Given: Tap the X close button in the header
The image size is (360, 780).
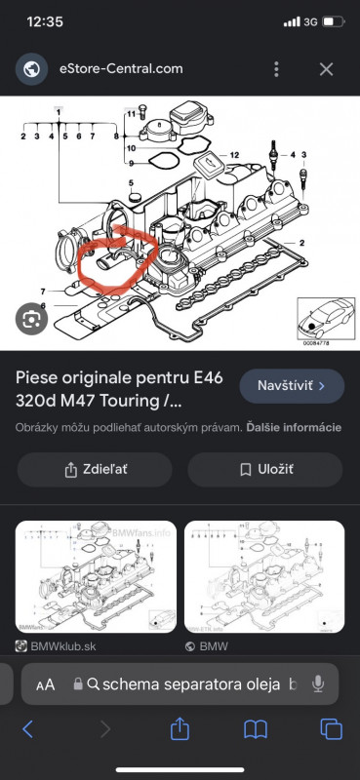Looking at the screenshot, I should point(326,69).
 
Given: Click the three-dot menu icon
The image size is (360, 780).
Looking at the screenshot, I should point(278,69).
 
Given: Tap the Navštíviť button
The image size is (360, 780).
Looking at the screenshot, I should point(291,386).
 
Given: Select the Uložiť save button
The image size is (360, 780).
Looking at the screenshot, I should point(265,469).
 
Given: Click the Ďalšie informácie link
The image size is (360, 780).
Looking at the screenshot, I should point(293,427).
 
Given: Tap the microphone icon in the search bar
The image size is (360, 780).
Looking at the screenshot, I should point(317,684).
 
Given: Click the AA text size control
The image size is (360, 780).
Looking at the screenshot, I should point(46,685).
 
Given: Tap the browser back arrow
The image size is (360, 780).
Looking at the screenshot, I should point(28,728).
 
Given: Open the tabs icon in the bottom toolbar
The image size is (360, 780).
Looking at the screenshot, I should point(331,728).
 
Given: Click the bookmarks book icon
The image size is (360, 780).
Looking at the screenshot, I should point(256,728).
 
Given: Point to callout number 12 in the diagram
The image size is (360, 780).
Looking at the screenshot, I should point(234,156).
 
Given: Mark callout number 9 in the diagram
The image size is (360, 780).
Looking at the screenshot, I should point(129,183).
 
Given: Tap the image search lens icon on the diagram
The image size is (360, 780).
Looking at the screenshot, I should point(30,318).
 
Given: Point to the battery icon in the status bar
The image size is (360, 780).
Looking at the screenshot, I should point(333,21).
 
